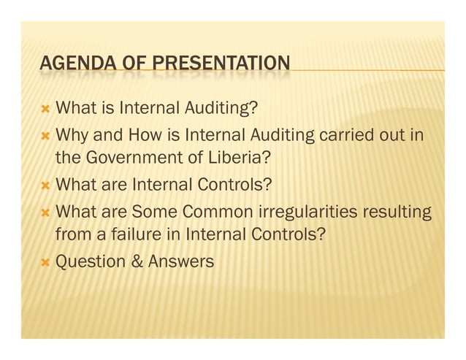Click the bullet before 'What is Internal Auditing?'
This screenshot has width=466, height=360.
click(x=45, y=110)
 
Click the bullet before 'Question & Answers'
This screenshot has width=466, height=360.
click(x=45, y=261)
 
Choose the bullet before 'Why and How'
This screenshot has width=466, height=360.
click(x=45, y=136)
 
